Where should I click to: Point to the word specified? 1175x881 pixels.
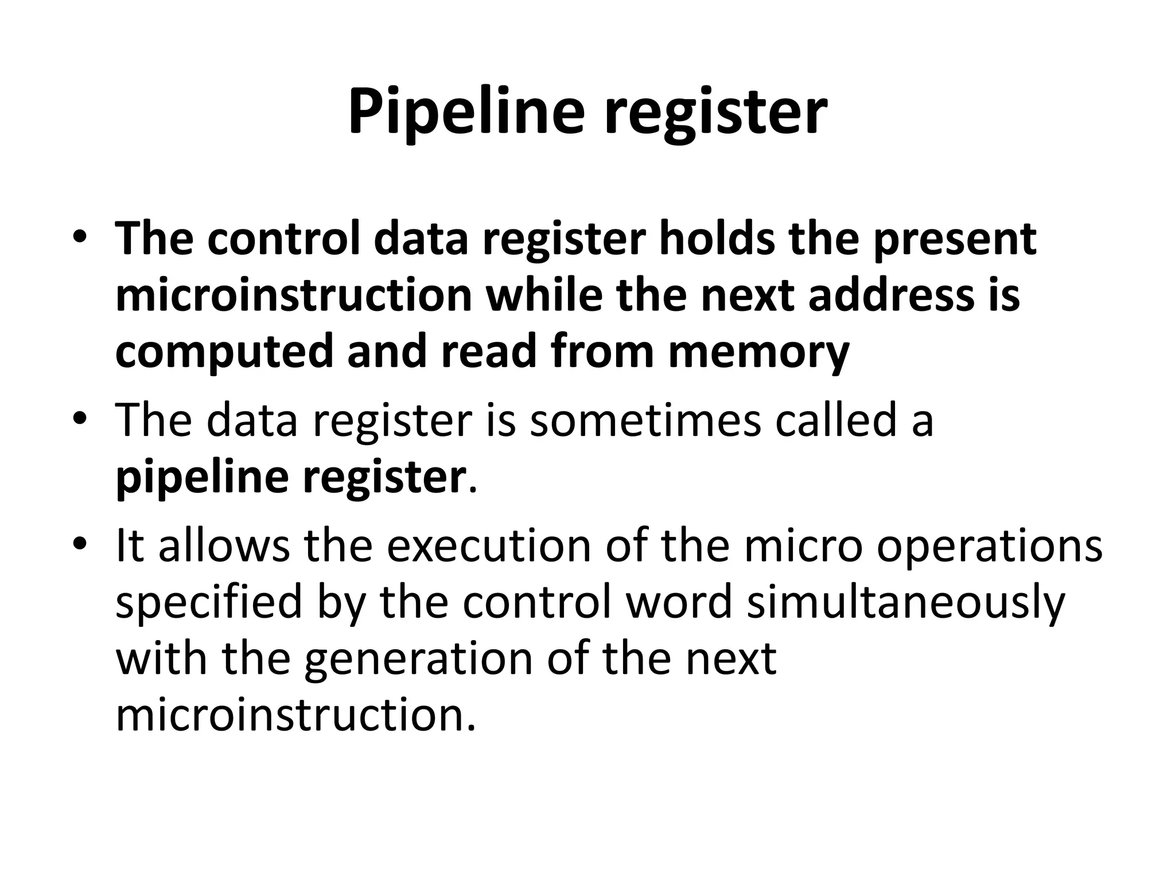pos(208,603)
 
